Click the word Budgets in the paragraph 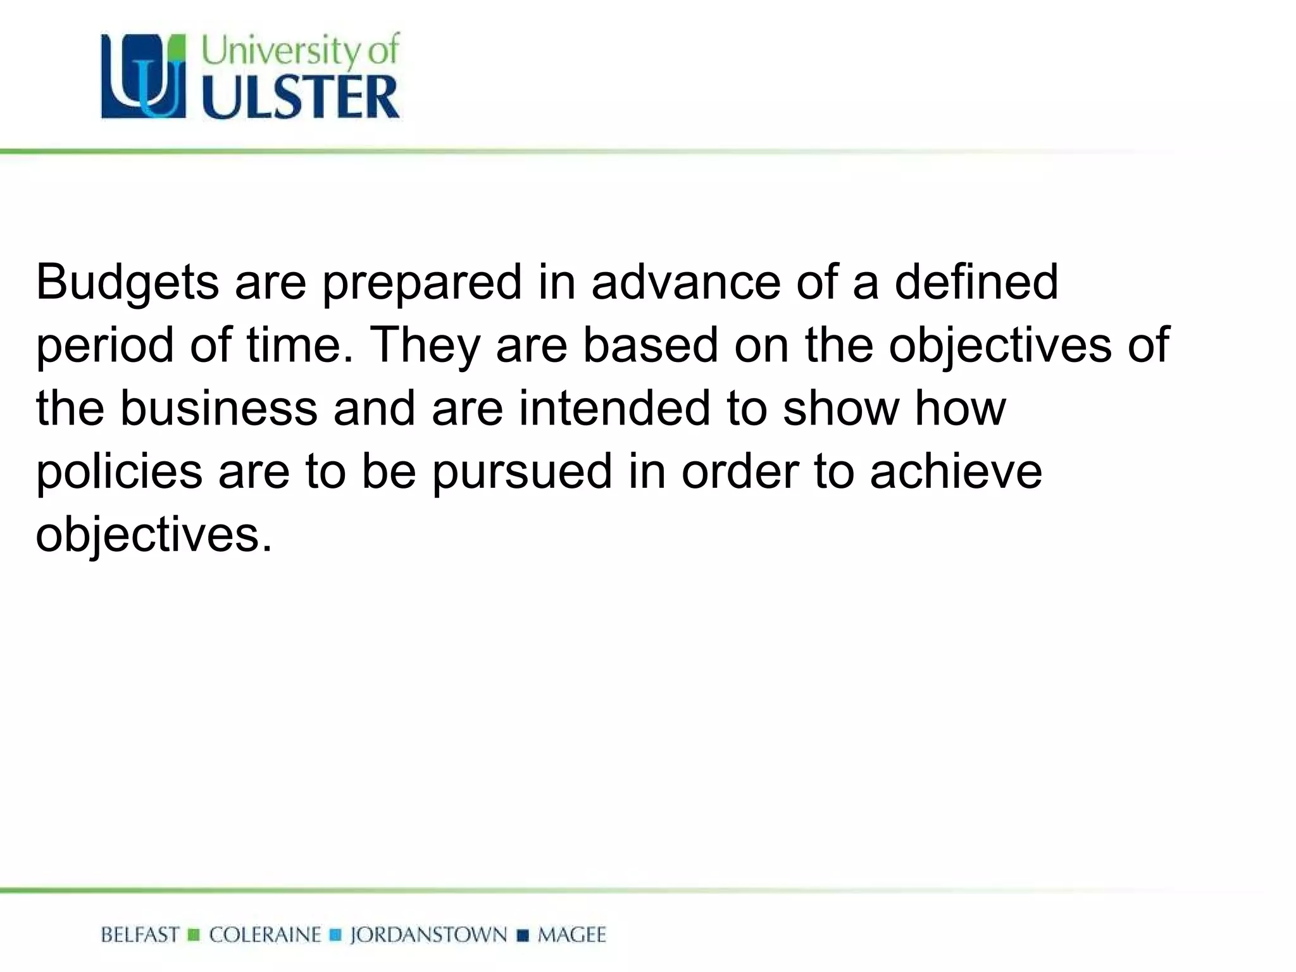coord(127,283)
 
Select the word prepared coord(422,283)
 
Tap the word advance coord(686,282)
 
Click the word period coord(104,346)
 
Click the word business coord(218,408)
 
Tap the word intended coord(614,408)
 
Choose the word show coord(841,408)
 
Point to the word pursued coord(522,473)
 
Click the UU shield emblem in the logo coord(144,77)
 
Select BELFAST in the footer coord(140,935)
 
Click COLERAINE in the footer coord(265,935)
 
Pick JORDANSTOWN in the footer coord(428,935)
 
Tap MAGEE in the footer coord(571,935)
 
